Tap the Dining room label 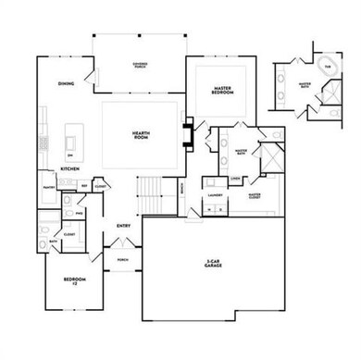click(66, 84)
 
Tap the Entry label click(123, 225)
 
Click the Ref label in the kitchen click(84, 186)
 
